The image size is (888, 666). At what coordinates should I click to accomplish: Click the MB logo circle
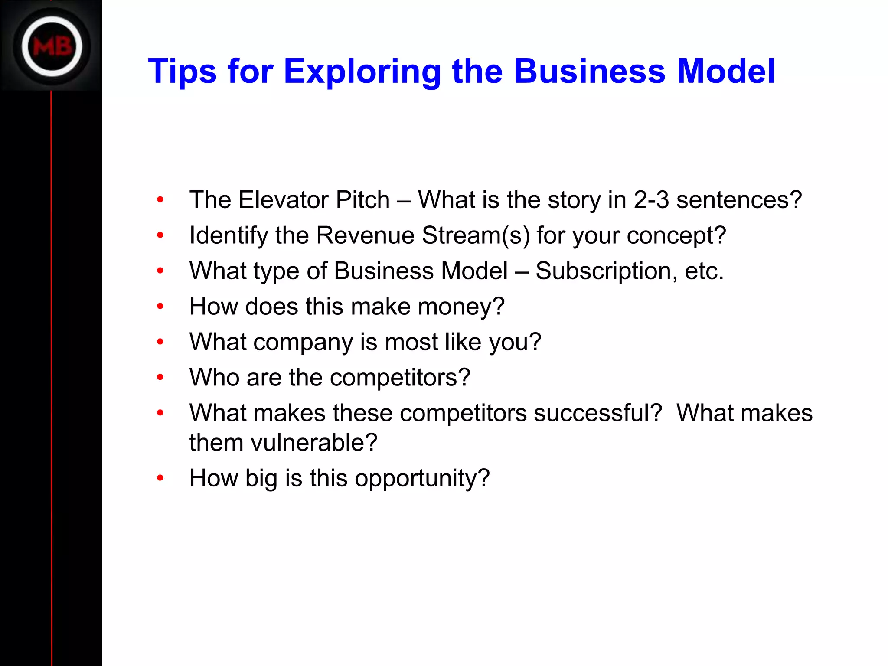pyautogui.click(x=52, y=46)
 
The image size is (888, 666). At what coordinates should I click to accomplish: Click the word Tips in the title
pyautogui.click(x=182, y=72)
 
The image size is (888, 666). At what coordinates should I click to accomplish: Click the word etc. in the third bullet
pyautogui.click(x=704, y=271)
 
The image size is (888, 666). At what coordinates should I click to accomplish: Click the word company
pyautogui.click(x=303, y=343)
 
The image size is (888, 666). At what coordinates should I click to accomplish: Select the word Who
pyautogui.click(x=214, y=377)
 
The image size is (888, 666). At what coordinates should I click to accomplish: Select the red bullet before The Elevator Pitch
pyautogui.click(x=160, y=200)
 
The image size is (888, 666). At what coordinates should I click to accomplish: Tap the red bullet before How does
pyautogui.click(x=160, y=307)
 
